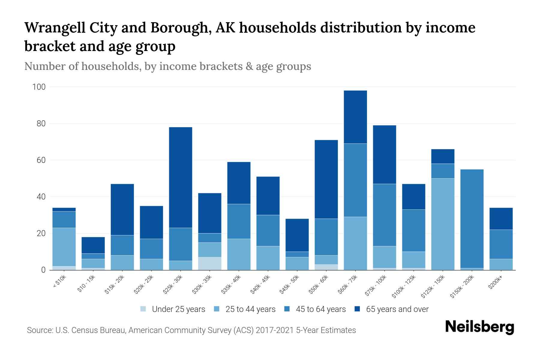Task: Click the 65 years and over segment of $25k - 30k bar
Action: point(181,177)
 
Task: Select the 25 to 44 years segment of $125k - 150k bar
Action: point(443,224)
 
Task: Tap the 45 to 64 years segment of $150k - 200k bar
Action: point(472,219)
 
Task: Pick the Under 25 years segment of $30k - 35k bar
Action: point(210,263)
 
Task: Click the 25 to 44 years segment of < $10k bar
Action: point(64,247)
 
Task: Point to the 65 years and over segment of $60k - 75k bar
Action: point(355,117)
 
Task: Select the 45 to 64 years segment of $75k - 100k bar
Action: point(385,215)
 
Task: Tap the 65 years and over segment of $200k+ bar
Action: point(501,219)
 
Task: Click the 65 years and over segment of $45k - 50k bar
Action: point(297,235)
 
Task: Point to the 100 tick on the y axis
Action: point(39,87)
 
